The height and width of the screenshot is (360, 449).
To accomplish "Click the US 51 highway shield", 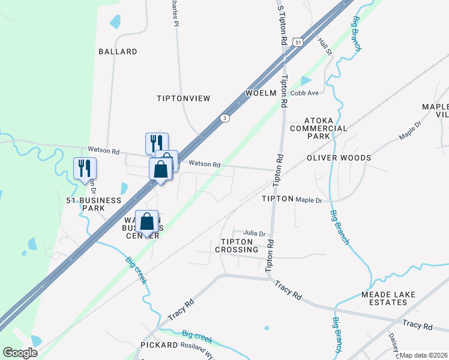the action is point(298,41).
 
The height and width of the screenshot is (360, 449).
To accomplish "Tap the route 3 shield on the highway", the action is point(224,118).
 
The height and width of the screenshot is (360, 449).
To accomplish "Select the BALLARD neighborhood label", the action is point(118,52).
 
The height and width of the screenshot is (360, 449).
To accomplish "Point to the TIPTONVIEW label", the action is point(183,98).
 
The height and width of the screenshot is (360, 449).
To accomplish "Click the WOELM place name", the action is point(261,93).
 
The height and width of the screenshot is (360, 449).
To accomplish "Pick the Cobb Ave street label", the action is point(304,93).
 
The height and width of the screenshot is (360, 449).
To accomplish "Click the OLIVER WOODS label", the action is point(339,158).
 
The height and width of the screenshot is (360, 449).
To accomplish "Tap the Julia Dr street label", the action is point(254,233).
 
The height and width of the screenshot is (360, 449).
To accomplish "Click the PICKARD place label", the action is point(159,345).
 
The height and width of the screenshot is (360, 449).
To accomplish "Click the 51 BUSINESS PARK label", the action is point(93,204).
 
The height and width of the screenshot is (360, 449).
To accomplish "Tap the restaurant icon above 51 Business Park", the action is point(84,169).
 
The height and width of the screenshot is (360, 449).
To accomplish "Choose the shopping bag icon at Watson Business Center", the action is point(147,222).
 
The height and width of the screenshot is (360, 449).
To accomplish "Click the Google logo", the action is point(20,353).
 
